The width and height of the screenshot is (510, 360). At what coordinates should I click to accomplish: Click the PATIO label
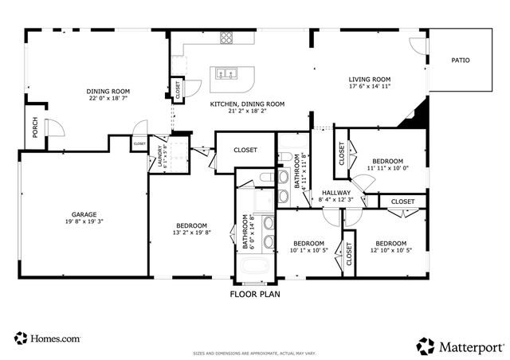(x=460, y=60)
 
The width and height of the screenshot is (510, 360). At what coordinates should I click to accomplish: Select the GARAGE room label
(x=85, y=214)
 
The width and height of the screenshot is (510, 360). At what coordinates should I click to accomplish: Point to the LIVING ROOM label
(x=370, y=79)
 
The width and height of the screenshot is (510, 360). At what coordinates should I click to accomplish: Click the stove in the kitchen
(x=227, y=37)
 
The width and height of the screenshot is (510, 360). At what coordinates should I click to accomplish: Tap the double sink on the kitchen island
(x=226, y=74)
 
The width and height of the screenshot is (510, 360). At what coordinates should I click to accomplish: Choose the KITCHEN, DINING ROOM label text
(x=247, y=104)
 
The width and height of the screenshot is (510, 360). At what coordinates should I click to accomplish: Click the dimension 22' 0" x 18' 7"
(x=108, y=100)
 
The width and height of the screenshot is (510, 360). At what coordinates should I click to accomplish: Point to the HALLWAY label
(x=336, y=193)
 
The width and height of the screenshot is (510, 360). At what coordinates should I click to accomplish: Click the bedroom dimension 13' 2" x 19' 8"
(x=191, y=233)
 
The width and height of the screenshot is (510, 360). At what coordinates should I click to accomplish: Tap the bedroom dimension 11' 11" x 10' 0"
(x=386, y=168)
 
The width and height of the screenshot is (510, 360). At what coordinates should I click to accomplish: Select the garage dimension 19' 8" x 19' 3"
(x=85, y=223)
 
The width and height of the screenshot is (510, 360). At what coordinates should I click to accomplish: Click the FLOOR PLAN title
(x=255, y=294)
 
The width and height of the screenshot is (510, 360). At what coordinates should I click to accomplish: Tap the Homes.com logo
(x=47, y=338)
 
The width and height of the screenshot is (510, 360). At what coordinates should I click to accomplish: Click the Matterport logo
(x=461, y=345)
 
